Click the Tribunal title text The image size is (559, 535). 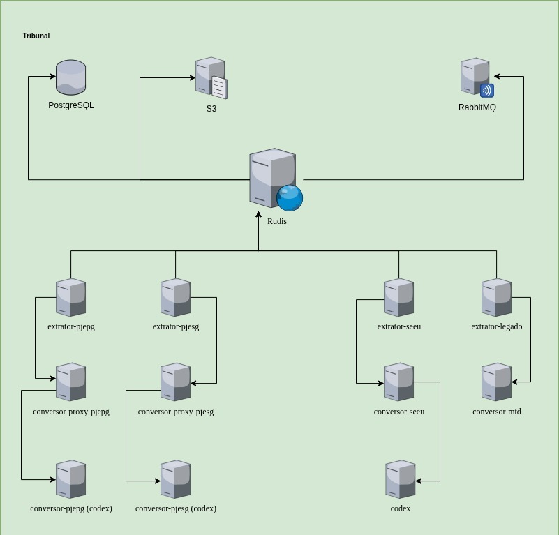click(x=36, y=36)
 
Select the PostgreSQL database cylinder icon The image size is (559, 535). click(x=70, y=77)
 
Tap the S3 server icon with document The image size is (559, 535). click(x=211, y=78)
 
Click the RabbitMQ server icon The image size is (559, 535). click(x=475, y=77)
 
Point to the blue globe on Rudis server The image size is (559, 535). click(x=290, y=197)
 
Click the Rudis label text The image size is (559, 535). click(x=276, y=221)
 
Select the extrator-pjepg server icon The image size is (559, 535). click(x=70, y=297)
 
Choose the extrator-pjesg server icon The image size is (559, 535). click(x=175, y=297)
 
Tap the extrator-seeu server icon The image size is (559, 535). click(x=398, y=297)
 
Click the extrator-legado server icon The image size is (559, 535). click(x=496, y=297)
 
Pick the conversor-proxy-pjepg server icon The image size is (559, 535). click(x=70, y=382)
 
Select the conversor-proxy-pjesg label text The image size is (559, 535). click(x=175, y=412)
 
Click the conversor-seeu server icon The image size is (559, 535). click(x=398, y=382)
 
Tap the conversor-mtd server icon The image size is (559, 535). click(x=496, y=382)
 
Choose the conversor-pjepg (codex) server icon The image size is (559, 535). click(x=70, y=479)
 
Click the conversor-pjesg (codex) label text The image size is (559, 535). click(x=175, y=508)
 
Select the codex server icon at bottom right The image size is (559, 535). click(x=400, y=479)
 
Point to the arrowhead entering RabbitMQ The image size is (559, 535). click(x=497, y=77)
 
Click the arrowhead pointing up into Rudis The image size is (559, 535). click(x=258, y=214)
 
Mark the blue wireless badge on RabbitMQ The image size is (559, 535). click(x=487, y=91)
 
